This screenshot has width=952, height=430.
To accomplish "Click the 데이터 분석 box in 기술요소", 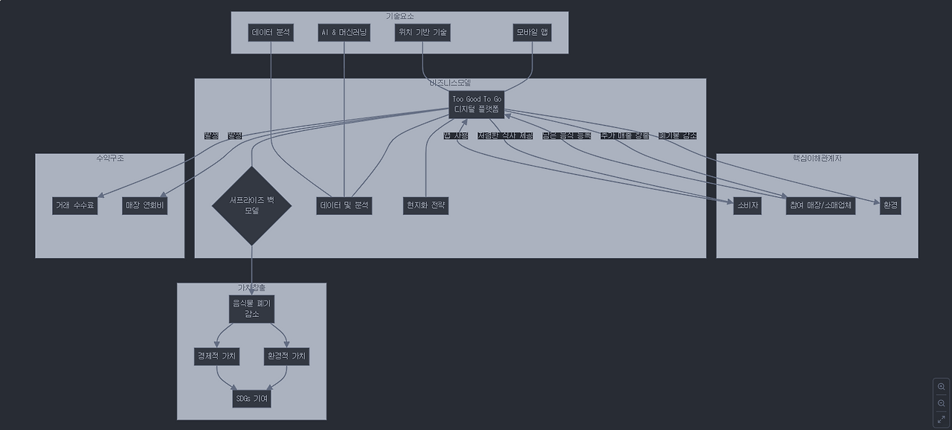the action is point(271,33).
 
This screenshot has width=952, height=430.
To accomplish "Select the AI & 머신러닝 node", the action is point(344,33).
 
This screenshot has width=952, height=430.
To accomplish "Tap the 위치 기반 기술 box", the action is point(422,33).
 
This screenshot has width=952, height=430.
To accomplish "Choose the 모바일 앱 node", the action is point(532,33).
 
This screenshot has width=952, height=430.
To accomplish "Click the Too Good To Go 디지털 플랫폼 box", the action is point(477,105).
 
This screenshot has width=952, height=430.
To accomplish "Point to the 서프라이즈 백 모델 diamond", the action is point(251,205).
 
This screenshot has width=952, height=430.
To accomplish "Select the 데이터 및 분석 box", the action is point(344,205).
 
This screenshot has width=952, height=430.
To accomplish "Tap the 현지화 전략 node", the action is point(426,205).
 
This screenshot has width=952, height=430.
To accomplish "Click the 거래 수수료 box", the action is point(75,205).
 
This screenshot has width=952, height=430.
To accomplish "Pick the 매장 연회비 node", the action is point(145,205).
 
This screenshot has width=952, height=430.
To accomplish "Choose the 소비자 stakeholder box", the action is point(747,205).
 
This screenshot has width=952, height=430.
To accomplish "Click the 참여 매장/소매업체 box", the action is point(820,205).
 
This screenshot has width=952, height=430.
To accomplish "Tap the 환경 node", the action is point(890,205).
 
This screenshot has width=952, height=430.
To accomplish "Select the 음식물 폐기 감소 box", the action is point(251,308).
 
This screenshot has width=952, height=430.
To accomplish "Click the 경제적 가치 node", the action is point(216,356).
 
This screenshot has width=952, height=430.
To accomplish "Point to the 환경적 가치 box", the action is point(286,356).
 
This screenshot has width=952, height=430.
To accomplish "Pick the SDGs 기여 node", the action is point(251,399).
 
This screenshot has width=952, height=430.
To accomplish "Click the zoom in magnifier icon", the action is point(941,387).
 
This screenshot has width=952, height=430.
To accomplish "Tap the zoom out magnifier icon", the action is point(941,403).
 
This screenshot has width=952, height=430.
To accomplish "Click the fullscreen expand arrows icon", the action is point(941,420).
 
